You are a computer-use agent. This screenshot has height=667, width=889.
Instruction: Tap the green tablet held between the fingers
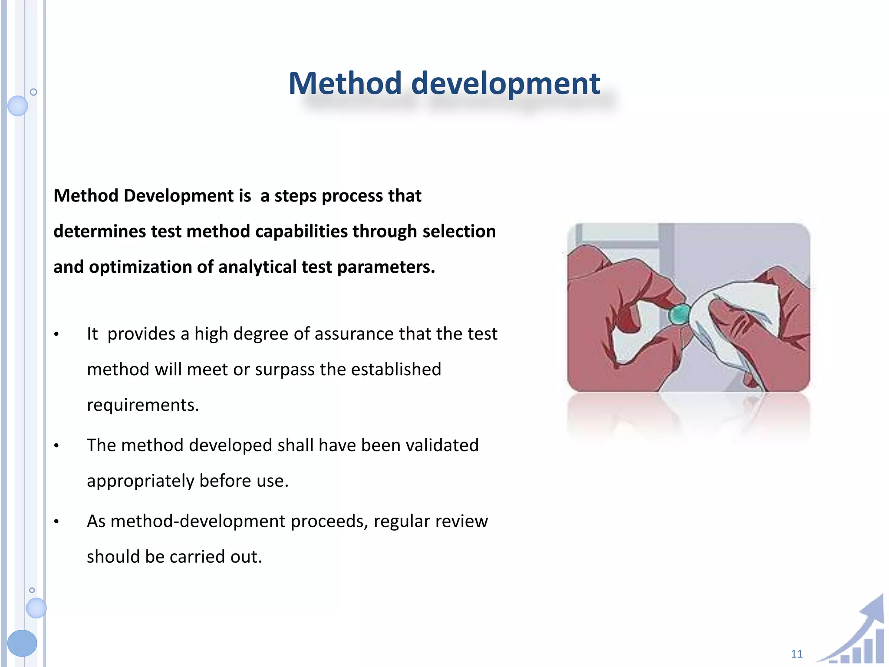pyautogui.click(x=679, y=314)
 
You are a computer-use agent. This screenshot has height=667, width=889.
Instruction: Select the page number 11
pyautogui.click(x=797, y=654)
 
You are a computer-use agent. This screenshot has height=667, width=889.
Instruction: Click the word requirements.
pyautogui.click(x=142, y=405)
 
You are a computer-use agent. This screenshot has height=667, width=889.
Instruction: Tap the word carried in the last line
pyautogui.click(x=198, y=557)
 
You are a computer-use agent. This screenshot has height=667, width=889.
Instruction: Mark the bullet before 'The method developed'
pyautogui.click(x=56, y=446)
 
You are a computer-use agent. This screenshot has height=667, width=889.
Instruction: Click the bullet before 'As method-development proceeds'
pyautogui.click(x=56, y=522)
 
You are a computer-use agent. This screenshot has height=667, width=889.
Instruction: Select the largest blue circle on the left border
pyautogui.click(x=22, y=643)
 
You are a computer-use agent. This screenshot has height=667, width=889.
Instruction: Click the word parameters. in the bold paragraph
pyautogui.click(x=386, y=267)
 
